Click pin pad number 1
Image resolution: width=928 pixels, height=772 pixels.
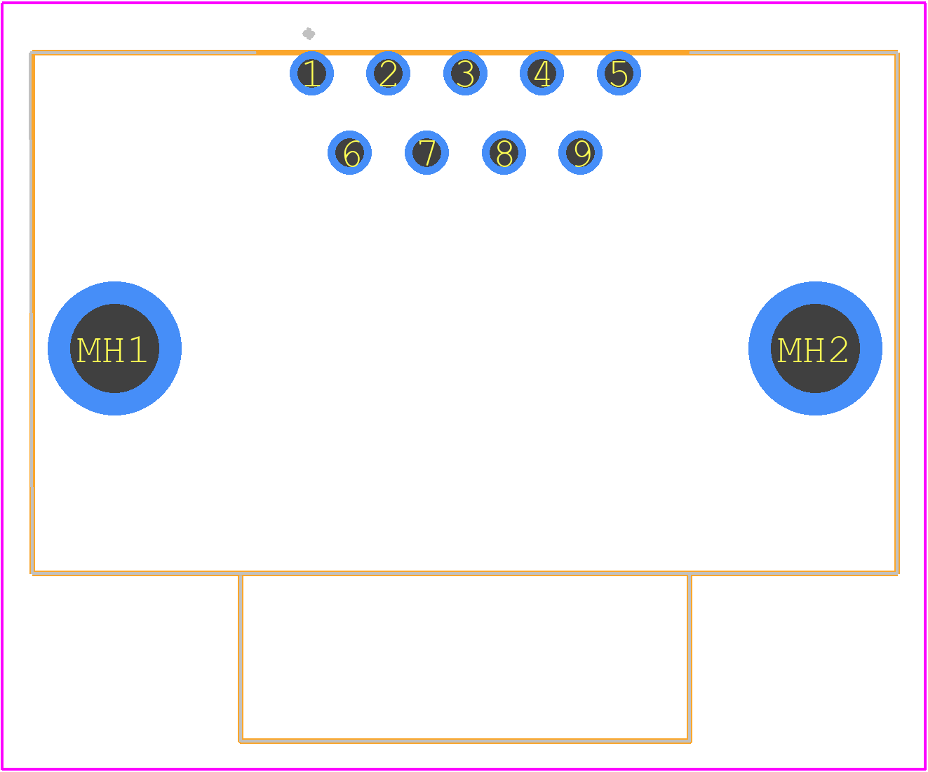click(311, 74)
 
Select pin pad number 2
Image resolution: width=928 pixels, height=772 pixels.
click(388, 74)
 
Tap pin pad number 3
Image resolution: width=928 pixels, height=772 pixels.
click(465, 74)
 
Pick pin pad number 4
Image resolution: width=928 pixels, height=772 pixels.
click(542, 74)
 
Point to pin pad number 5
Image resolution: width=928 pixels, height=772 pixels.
click(619, 74)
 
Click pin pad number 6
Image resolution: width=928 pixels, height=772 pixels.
click(350, 152)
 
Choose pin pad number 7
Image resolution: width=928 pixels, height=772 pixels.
click(426, 152)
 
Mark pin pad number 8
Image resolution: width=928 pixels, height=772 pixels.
click(504, 152)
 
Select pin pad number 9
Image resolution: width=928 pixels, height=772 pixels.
click(581, 152)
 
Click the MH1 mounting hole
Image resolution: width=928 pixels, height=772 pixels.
click(114, 348)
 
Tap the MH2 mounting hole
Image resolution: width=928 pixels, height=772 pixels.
click(816, 348)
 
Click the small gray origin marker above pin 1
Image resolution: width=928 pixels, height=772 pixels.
click(309, 34)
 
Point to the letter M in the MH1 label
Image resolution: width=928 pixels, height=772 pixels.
click(88, 350)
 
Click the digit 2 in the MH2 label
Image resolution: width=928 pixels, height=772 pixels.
click(839, 350)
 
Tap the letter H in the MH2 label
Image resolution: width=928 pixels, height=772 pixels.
click(814, 350)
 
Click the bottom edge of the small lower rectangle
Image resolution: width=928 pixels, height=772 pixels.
click(465, 741)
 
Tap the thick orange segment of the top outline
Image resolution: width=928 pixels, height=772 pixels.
click(473, 53)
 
